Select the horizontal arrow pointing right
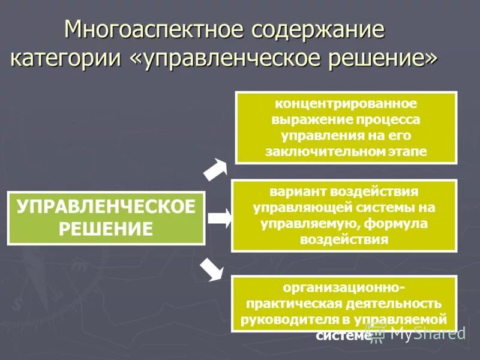click(219, 218)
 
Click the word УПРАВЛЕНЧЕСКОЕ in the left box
click(106, 207)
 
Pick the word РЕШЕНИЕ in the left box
click(106, 229)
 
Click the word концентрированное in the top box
click(346, 104)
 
